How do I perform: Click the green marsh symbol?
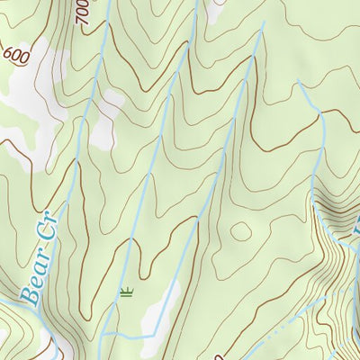[126, 291]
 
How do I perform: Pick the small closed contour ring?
[240, 230]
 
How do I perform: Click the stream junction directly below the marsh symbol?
[118, 334]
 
